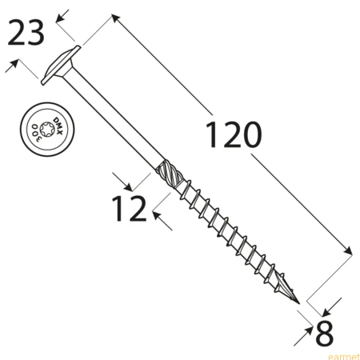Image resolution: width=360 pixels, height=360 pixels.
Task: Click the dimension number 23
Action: click(26, 33)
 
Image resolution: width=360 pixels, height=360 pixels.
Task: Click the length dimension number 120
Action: click(234, 134)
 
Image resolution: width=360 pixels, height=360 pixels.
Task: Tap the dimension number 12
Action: click(130, 208)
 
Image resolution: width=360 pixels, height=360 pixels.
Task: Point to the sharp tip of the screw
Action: click(299, 303)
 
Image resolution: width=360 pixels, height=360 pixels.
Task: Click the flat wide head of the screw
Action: click(61, 66)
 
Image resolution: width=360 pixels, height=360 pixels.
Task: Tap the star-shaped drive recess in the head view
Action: click(47, 130)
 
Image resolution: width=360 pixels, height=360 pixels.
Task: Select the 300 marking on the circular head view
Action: click(36, 133)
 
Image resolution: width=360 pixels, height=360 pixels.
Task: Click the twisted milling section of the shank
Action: click(170, 174)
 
